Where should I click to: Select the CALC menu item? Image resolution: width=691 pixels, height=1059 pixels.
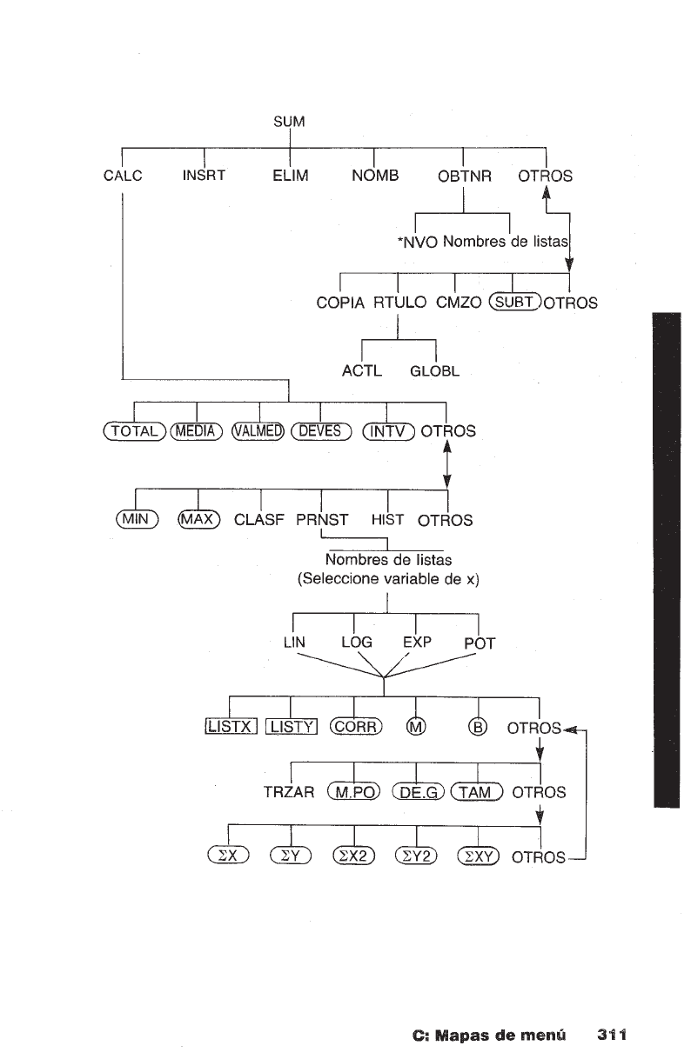click(122, 176)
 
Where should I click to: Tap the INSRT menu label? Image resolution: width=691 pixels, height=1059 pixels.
click(205, 176)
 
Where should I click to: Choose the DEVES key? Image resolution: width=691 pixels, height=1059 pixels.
click(320, 430)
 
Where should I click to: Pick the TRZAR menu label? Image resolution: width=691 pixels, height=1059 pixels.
click(288, 792)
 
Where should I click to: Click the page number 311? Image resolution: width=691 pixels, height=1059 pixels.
click(613, 1036)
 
